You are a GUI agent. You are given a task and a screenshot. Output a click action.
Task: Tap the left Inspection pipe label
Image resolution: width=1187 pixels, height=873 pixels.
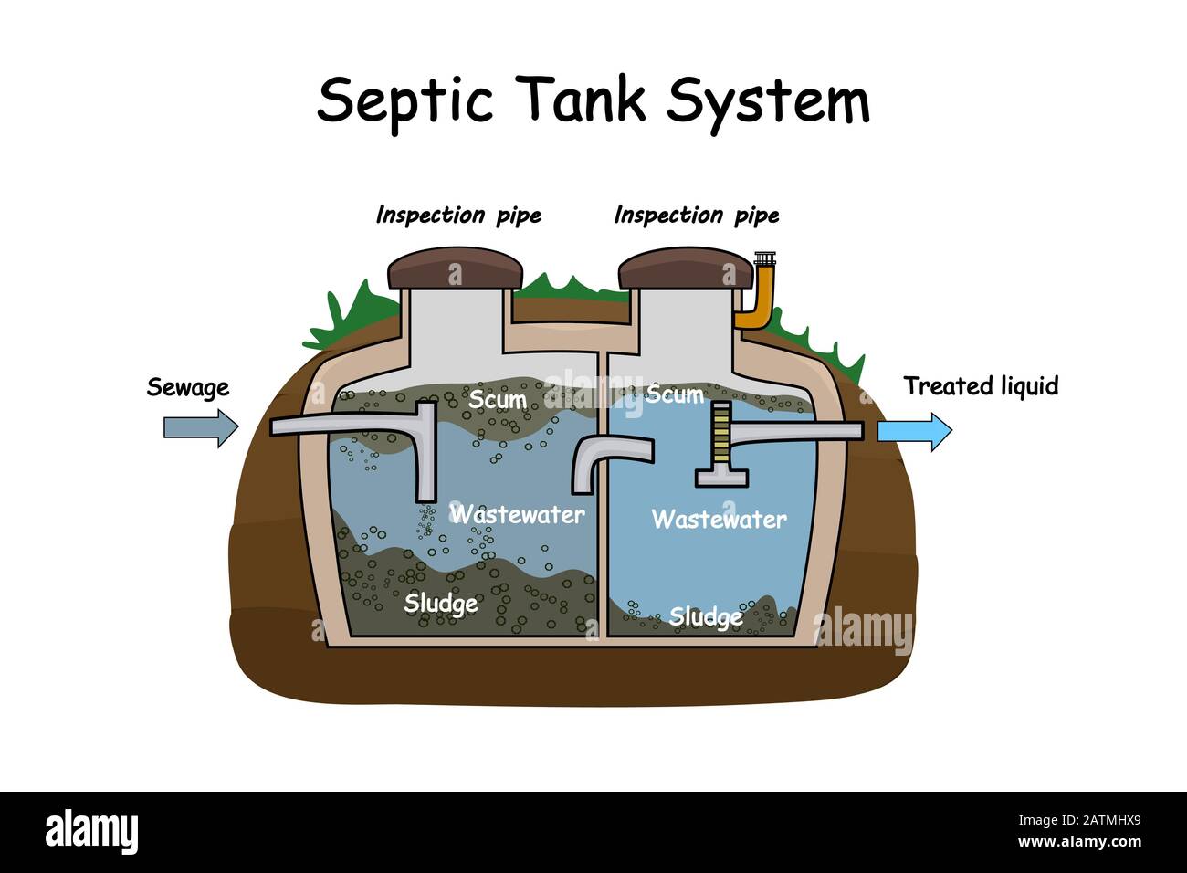(458, 216)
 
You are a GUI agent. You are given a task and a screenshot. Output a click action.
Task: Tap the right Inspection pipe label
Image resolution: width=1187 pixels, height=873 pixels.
(697, 216)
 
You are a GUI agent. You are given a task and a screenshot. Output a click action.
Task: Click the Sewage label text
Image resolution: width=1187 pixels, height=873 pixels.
(188, 388)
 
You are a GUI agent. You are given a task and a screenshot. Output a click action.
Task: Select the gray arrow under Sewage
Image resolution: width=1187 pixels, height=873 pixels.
(200, 427)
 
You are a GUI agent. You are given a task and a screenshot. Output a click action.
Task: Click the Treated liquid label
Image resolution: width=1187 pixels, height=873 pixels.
(981, 386)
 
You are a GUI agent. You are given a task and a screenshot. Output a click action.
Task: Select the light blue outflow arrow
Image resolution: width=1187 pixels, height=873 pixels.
(914, 430)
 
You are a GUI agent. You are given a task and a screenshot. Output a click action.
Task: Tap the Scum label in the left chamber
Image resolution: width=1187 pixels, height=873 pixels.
(497, 400)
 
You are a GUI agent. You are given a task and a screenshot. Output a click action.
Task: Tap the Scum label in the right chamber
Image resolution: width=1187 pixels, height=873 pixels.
(675, 394)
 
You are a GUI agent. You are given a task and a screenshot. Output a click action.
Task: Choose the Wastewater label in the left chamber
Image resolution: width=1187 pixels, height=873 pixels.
(518, 514)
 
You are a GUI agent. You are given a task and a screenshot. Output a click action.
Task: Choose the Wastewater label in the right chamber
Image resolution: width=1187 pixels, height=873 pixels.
(719, 520)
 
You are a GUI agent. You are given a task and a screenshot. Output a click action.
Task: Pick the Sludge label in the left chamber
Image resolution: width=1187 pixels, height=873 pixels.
(440, 604)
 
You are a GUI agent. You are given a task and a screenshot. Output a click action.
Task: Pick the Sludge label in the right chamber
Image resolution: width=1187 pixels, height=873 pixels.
(705, 618)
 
